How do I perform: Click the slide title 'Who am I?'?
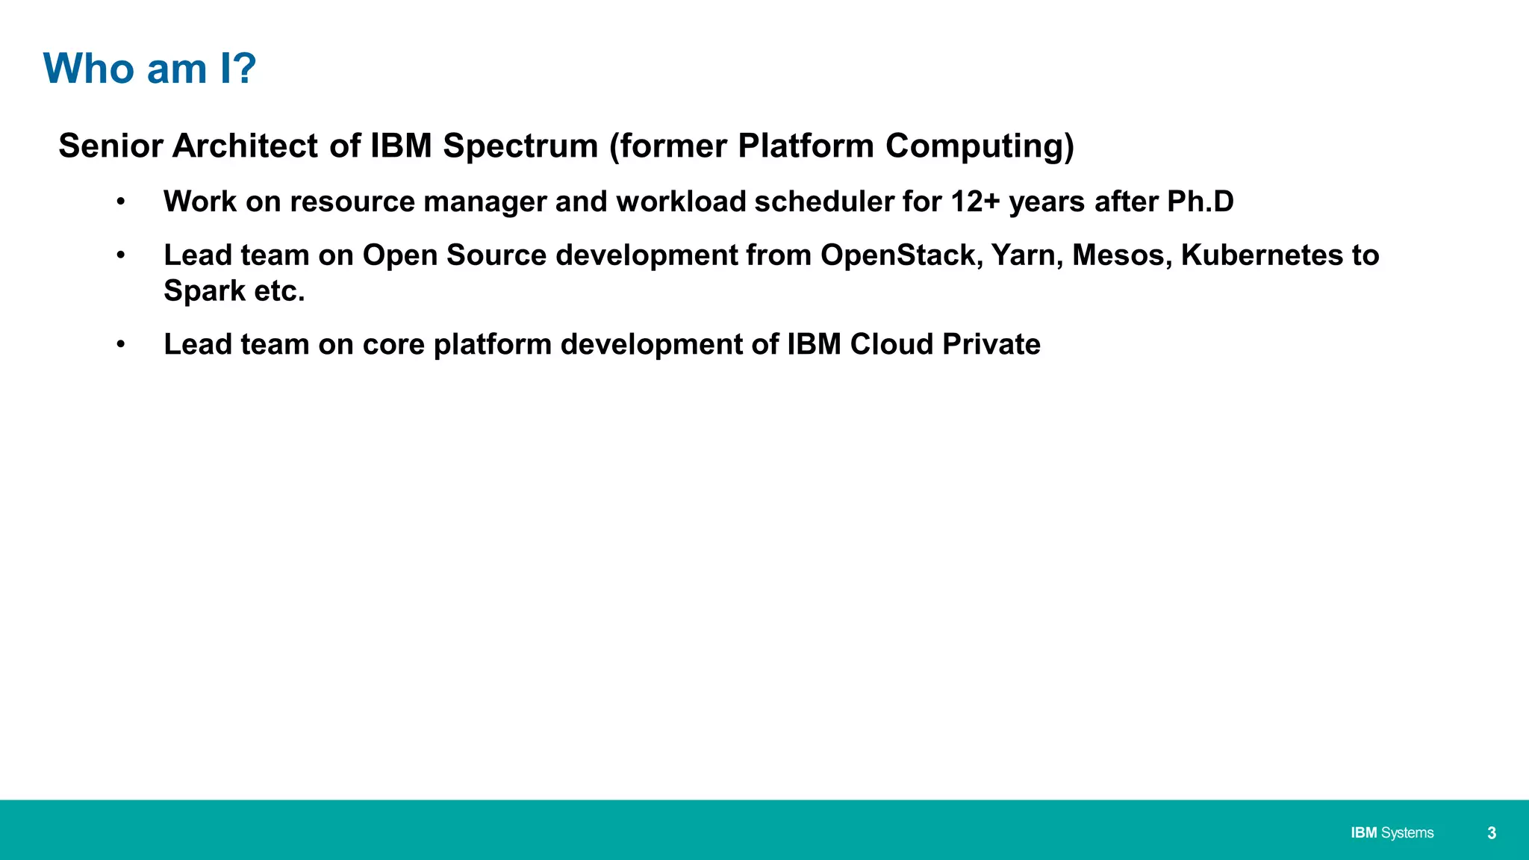pyautogui.click(x=149, y=69)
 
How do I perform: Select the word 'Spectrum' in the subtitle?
pyautogui.click(x=520, y=146)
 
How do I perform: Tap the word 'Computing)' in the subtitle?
pyautogui.click(x=980, y=146)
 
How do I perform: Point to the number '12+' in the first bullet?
pyautogui.click(x=975, y=202)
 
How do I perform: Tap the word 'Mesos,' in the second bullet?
pyautogui.click(x=1121, y=255)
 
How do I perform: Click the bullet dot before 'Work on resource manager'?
pyautogui.click(x=120, y=202)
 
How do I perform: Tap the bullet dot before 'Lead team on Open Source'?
pyautogui.click(x=120, y=256)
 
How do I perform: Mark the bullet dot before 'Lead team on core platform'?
pyautogui.click(x=120, y=345)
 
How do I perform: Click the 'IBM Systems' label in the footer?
pyautogui.click(x=1392, y=833)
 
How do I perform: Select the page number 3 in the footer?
pyautogui.click(x=1491, y=833)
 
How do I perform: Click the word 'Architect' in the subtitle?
pyautogui.click(x=246, y=146)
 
